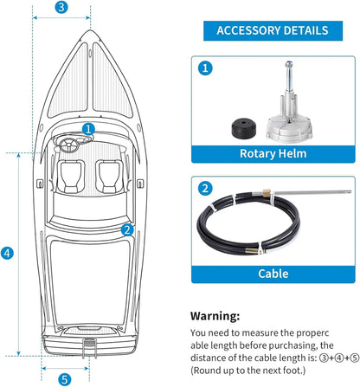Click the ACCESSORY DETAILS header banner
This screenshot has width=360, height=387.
click(x=272, y=31)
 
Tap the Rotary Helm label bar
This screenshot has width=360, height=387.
click(x=273, y=155)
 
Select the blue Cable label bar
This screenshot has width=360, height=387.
click(x=273, y=274)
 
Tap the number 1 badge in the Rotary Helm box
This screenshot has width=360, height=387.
click(x=204, y=67)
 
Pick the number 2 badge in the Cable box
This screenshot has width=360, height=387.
click(x=204, y=188)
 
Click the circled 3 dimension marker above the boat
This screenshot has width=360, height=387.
click(x=61, y=8)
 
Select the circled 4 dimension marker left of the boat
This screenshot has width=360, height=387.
click(x=7, y=254)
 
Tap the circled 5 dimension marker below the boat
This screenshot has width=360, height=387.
click(x=65, y=378)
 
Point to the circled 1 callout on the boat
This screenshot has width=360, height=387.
click(x=88, y=129)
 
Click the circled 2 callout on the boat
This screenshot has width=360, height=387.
click(x=127, y=229)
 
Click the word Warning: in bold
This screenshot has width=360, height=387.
click(x=215, y=317)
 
